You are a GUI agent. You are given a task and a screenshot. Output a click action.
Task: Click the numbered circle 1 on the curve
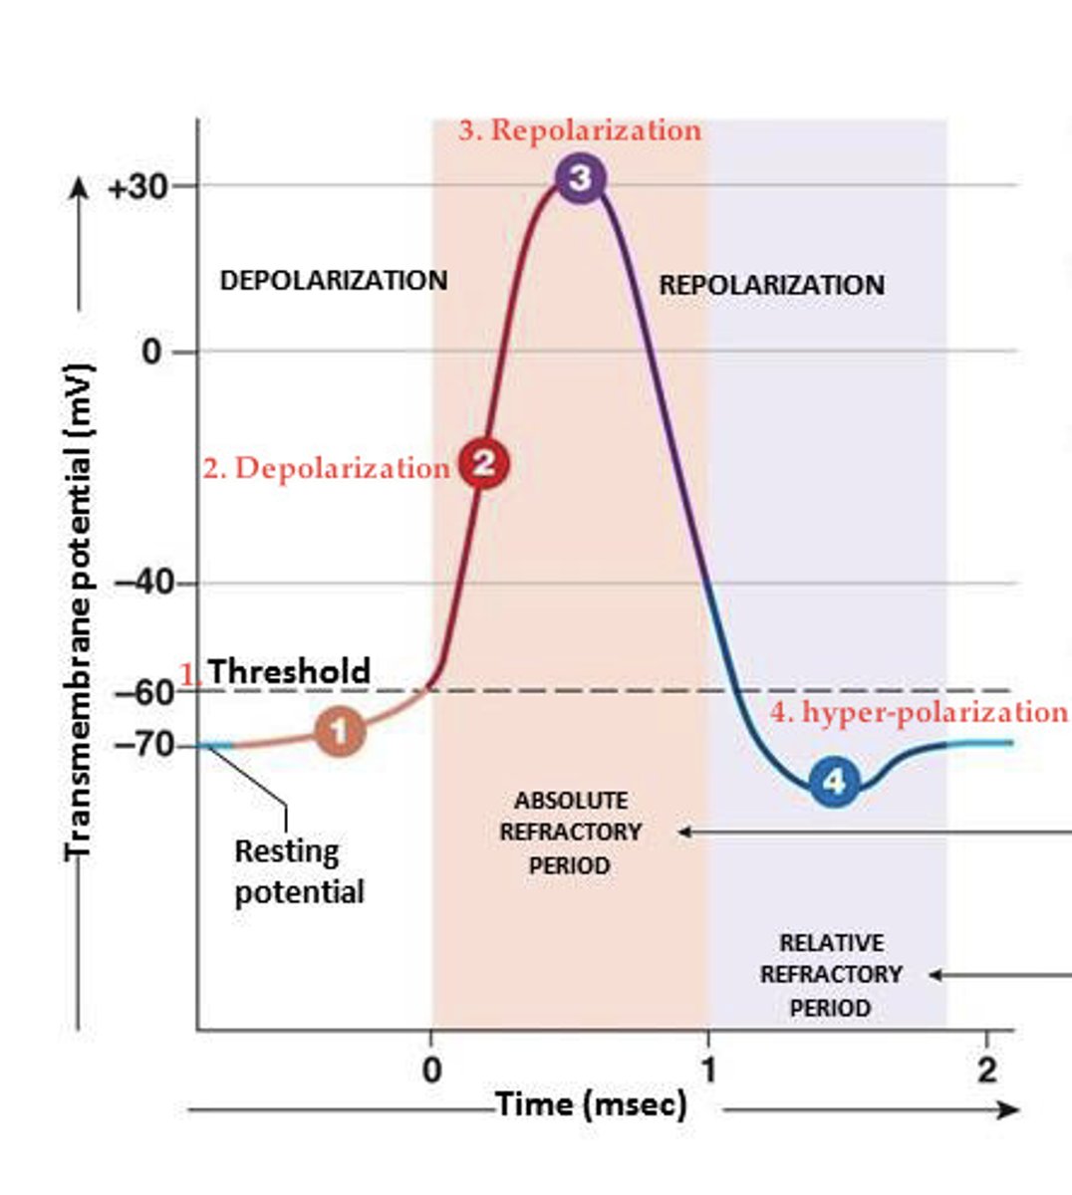(340, 732)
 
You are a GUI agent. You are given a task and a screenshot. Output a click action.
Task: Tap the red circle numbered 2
(483, 463)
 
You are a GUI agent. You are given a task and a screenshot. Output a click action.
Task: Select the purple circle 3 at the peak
(581, 179)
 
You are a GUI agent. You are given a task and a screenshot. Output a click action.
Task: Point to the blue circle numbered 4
(834, 782)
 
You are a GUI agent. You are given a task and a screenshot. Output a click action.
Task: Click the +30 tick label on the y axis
(137, 187)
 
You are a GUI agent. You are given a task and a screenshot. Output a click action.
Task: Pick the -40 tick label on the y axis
(145, 584)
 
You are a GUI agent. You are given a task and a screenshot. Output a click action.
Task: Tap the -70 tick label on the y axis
(145, 745)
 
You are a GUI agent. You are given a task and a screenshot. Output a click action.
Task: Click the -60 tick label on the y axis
(145, 692)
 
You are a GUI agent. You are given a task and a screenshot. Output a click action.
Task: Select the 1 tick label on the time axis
(708, 1071)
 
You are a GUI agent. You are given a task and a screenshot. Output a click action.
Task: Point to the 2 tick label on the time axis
(986, 1071)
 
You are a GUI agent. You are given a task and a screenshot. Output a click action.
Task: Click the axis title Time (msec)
(592, 1104)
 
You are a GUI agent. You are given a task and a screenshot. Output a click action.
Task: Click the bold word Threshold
(289, 671)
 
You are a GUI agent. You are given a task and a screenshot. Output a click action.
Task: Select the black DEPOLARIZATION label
(334, 281)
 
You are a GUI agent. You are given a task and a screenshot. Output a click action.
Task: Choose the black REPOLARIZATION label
(771, 286)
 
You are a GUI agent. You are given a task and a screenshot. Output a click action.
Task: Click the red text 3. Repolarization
(580, 130)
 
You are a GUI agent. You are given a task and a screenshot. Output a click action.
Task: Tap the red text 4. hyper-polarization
(919, 712)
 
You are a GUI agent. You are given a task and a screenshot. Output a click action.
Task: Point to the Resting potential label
(299, 871)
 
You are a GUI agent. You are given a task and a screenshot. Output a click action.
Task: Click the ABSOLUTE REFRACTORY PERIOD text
(571, 834)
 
